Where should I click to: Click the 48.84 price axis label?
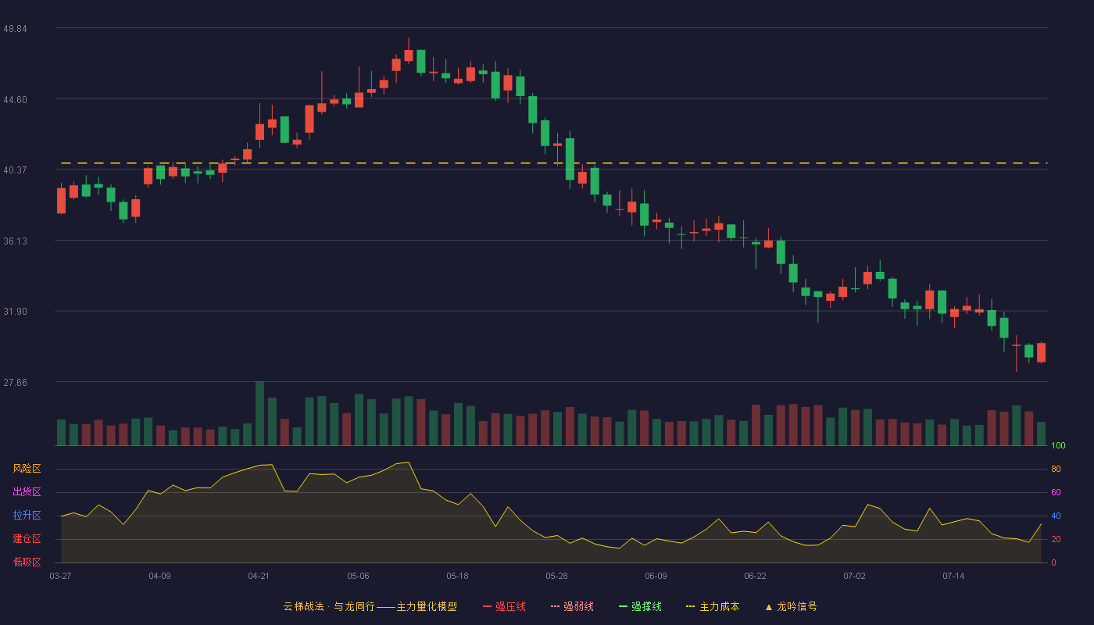[x=15, y=29]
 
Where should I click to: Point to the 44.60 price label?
[x=15, y=100]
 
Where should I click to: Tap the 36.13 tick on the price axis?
[x=15, y=241]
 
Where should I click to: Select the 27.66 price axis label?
[x=15, y=383]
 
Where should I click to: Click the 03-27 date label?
[x=61, y=577]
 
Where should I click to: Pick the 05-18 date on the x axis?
[x=457, y=577]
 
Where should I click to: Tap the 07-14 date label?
[x=953, y=577]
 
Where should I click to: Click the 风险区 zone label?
[x=27, y=469]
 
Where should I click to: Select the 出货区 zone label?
[x=27, y=491]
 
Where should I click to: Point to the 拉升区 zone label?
[x=27, y=515]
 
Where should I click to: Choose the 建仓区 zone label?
[x=27, y=538]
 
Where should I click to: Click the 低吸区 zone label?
[x=27, y=562]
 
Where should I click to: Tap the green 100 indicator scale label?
[x=1058, y=445]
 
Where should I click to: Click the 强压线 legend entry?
[x=504, y=606]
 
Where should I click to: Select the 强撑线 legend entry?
[x=640, y=606]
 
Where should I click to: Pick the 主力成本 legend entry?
[x=713, y=606]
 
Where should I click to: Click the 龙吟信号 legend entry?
[x=791, y=606]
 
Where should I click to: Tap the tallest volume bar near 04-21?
[x=259, y=413]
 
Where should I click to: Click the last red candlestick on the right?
[x=1041, y=352]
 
